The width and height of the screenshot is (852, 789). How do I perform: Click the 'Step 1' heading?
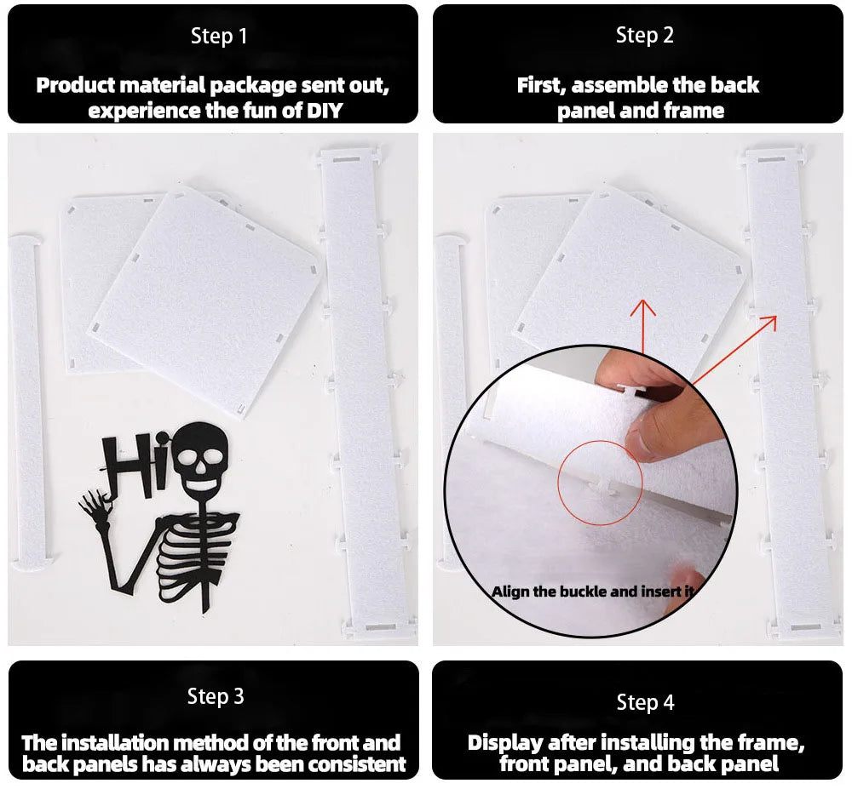click(219, 37)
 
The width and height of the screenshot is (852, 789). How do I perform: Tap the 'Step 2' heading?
click(644, 35)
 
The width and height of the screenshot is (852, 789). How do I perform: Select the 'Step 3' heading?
click(216, 696)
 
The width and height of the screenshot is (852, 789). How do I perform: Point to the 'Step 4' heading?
click(645, 702)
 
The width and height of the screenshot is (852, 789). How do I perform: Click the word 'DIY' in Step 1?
click(325, 111)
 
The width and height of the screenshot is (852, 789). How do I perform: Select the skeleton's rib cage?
click(197, 553)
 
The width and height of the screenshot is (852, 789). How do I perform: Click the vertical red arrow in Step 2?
click(643, 327)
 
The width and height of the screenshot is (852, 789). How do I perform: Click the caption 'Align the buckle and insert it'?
click(593, 592)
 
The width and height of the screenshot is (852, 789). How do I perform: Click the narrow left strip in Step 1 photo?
click(28, 403)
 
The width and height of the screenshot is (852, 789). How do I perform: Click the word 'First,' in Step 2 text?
click(541, 86)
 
